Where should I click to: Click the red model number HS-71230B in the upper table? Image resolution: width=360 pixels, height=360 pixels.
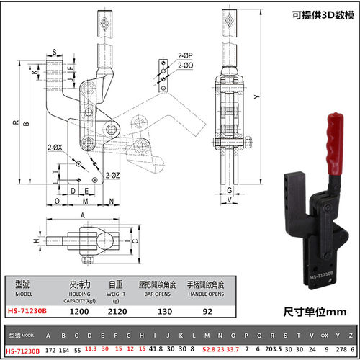(26, 312)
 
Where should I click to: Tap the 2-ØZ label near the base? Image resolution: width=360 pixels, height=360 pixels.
(111, 175)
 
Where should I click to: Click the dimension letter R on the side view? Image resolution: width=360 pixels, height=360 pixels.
(14, 123)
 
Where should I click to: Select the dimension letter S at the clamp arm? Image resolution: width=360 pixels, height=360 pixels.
(54, 51)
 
